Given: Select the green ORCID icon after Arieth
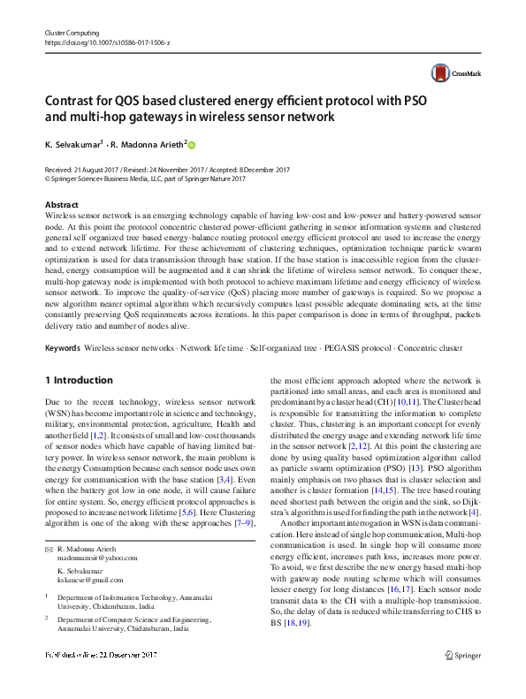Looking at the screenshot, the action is click(191, 145).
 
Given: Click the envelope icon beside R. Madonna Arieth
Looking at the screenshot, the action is click(49, 525).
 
